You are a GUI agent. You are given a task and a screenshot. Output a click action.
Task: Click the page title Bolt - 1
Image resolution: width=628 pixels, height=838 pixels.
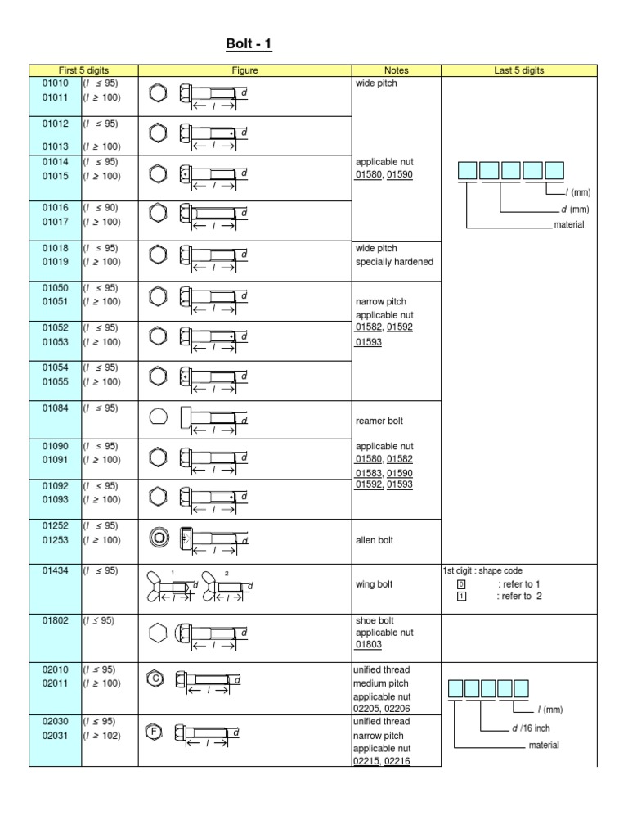click(249, 43)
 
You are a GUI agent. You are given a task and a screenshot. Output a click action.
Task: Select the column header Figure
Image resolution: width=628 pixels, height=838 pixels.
click(244, 71)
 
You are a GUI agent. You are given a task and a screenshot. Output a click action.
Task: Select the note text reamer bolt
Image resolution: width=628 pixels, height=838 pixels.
click(379, 421)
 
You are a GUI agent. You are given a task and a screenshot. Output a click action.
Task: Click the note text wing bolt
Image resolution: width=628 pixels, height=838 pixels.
click(374, 584)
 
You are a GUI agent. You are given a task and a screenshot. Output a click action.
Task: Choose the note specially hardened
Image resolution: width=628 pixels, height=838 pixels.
click(394, 262)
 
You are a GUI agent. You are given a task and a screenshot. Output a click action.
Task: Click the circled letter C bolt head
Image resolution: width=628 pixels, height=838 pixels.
click(155, 678)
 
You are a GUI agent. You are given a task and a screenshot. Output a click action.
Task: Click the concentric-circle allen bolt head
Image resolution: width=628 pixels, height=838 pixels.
click(158, 537)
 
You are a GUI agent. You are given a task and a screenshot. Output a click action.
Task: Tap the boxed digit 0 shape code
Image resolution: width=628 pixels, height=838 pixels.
click(460, 584)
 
